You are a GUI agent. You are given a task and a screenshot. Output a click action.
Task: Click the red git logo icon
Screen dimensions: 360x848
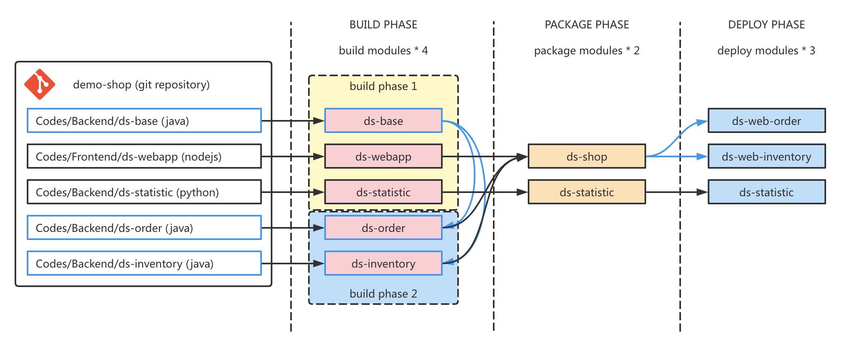39,84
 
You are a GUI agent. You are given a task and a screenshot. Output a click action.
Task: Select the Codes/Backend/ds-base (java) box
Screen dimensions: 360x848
144,121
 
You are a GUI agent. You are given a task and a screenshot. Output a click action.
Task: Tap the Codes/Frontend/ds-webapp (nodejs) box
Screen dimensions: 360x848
144,156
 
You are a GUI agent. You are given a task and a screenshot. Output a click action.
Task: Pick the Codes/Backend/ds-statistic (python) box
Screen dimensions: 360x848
144,192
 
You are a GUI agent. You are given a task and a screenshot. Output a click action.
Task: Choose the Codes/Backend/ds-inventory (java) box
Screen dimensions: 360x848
144,264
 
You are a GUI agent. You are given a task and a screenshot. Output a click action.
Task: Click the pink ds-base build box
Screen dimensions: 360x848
383,121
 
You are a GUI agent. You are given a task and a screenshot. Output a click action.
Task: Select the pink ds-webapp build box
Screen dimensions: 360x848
383,156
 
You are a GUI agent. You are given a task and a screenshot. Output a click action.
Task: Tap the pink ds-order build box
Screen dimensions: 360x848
383,228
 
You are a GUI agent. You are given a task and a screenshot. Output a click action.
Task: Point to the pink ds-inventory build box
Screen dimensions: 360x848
383,264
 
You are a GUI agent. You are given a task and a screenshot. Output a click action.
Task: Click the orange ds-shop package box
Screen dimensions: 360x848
587,156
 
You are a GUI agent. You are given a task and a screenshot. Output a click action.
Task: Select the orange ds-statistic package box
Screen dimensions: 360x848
587,192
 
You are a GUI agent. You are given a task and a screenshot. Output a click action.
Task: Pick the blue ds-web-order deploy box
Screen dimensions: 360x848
767,121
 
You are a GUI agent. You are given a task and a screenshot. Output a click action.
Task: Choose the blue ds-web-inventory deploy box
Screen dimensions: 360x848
767,156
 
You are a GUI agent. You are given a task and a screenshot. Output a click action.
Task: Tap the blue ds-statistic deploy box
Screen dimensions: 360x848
767,192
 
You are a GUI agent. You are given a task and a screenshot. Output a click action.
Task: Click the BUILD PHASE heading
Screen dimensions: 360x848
383,25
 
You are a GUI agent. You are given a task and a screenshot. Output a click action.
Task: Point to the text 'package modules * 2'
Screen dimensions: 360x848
587,51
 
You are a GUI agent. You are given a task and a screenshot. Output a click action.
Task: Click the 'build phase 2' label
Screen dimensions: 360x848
383,294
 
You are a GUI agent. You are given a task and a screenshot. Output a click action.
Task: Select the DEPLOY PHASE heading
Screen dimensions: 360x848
766,25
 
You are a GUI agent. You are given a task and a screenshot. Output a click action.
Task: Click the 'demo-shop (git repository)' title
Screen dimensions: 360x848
141,85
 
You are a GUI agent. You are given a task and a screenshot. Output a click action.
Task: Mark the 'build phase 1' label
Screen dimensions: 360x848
383,86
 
